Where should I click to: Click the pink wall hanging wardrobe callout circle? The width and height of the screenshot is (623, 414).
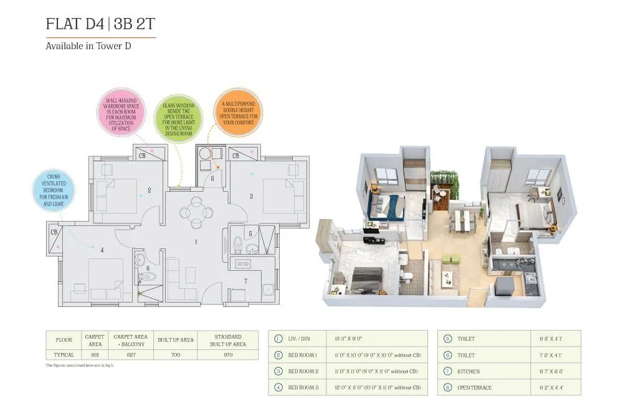click(x=121, y=112)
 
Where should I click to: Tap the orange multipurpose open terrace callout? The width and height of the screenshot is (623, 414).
click(x=237, y=112)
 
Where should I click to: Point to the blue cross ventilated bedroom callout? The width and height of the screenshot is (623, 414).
click(x=54, y=190)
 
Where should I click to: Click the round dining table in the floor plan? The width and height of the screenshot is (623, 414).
click(x=196, y=212)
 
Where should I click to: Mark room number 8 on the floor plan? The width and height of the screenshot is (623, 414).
click(x=212, y=179)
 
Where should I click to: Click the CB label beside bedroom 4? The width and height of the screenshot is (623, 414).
click(x=54, y=232)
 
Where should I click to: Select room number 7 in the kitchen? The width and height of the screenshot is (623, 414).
click(x=245, y=281)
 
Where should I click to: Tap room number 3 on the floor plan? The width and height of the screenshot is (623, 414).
click(x=251, y=196)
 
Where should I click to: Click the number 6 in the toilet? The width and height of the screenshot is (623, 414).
click(x=148, y=268)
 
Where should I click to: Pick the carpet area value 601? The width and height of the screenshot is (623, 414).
click(x=95, y=355)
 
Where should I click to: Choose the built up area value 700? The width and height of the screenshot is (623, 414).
click(x=175, y=355)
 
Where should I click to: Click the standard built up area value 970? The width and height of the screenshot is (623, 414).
click(x=227, y=355)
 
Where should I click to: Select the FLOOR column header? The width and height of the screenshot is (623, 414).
click(x=64, y=340)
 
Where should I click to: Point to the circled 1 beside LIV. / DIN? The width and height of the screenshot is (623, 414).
click(x=278, y=339)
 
